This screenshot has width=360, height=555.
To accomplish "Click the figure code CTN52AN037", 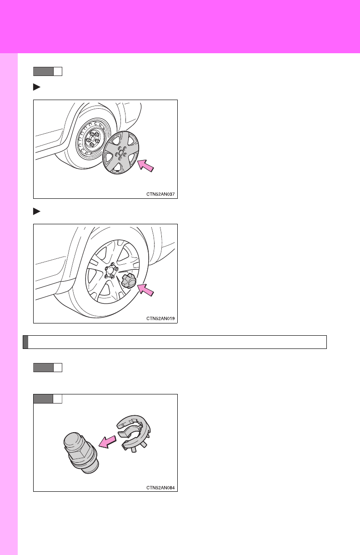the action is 160,194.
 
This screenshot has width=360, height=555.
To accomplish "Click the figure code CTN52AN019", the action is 160,318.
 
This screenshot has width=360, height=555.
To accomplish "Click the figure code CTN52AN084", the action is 160,488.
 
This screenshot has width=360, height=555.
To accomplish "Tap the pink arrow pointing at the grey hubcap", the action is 145,166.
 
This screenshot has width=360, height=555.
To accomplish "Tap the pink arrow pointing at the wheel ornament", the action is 145,290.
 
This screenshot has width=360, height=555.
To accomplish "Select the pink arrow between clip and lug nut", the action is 107,442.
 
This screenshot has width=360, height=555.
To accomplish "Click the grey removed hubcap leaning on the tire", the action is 120,153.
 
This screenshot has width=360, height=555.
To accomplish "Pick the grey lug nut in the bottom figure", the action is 81,453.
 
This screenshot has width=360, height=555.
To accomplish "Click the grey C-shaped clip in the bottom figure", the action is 134,434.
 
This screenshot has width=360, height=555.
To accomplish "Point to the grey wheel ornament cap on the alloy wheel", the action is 129,281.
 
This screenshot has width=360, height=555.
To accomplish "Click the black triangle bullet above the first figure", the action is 37,87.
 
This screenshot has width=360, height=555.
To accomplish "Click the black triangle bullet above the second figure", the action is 37,212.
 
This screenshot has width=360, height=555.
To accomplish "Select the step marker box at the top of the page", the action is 48,71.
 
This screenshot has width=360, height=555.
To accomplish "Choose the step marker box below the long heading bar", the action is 48,368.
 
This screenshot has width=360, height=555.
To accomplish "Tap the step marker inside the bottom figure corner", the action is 48,399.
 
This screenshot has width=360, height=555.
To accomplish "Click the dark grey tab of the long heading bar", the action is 25,342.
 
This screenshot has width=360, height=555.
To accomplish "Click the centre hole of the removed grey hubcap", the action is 121,153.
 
